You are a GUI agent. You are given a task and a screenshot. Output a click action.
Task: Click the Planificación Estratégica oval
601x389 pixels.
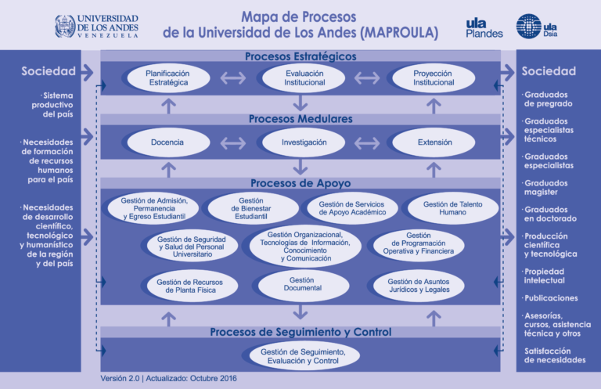tap(169, 77)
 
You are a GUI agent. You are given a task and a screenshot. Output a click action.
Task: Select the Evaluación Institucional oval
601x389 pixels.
tap(304, 77)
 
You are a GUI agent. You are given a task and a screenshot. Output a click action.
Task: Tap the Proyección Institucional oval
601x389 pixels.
tap(434, 77)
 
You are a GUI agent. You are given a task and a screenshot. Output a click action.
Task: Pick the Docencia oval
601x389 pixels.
tap(169, 142)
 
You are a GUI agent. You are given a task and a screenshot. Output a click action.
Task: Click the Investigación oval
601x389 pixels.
tap(304, 142)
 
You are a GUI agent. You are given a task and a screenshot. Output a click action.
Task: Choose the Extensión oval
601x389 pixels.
tap(434, 142)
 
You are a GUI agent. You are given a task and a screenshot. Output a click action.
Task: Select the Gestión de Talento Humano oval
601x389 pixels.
tap(453, 208)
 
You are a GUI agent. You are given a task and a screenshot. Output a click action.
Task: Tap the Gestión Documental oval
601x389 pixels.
tap(304, 285)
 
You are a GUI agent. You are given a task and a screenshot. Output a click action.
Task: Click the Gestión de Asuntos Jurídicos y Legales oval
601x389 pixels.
tap(419, 286)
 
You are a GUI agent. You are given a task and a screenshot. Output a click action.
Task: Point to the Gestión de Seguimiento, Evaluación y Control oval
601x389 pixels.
tap(304, 356)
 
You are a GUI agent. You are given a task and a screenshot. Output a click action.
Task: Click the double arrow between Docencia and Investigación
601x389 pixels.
tap(233, 143)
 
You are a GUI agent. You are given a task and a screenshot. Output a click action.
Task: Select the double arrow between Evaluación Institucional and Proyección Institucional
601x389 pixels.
tap(367, 78)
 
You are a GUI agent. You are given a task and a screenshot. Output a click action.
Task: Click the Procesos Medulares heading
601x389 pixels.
tap(300, 119)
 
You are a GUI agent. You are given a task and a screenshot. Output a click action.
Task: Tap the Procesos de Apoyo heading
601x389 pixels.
tap(300, 183)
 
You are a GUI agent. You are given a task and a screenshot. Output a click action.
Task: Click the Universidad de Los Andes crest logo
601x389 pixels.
tap(65, 26)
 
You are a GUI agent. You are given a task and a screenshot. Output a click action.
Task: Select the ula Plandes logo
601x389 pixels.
tap(484, 28)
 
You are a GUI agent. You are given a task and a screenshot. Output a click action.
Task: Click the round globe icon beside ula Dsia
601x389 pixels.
tap(528, 26)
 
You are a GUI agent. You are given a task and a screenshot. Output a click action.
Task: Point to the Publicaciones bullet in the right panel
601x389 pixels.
tap(550, 298)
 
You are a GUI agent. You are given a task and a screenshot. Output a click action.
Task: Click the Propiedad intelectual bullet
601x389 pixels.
tap(544, 276)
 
